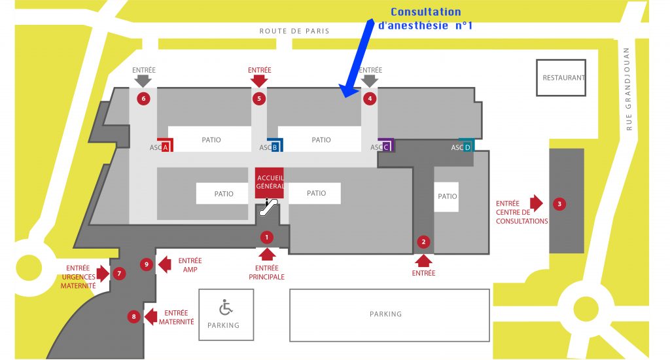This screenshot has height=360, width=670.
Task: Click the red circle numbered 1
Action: click(x=266, y=236)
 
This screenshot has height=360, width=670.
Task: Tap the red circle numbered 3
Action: click(x=559, y=204)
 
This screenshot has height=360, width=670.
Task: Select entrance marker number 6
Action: click(x=143, y=99)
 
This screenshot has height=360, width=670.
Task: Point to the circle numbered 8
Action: click(x=133, y=317)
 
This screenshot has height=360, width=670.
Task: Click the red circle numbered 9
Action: click(x=147, y=264)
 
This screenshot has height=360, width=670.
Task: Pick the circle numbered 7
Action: click(x=119, y=273)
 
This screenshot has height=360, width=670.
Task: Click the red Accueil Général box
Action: click(x=270, y=183)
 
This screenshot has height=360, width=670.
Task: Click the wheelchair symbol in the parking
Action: click(x=226, y=306)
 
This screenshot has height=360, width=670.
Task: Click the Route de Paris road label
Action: click(x=294, y=31)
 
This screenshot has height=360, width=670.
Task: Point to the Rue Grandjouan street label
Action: click(x=629, y=88)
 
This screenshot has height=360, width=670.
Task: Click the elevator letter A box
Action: click(x=166, y=147)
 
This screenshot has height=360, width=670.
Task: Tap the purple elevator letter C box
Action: click(x=385, y=147)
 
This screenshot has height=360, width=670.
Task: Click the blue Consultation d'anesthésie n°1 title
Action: click(x=425, y=19)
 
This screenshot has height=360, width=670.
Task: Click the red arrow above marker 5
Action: click(x=259, y=80)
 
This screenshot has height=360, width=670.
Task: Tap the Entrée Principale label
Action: click(x=266, y=272)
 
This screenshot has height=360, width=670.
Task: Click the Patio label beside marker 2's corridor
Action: click(x=448, y=196)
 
